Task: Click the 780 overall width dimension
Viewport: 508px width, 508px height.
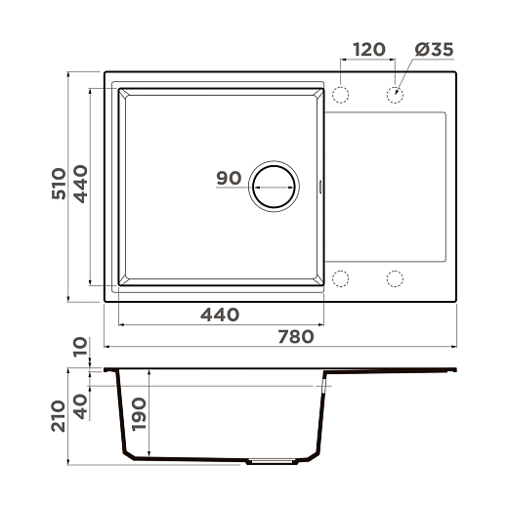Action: click(296, 337)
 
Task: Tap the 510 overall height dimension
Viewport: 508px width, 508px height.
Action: click(59, 184)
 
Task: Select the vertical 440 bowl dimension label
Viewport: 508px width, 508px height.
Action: click(80, 184)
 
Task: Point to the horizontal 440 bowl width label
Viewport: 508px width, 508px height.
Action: click(220, 315)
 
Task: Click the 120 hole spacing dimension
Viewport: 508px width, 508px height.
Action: click(369, 50)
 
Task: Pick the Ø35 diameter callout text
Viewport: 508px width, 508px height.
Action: click(434, 50)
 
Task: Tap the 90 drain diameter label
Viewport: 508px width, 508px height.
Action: click(229, 178)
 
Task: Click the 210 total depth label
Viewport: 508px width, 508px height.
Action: click(59, 416)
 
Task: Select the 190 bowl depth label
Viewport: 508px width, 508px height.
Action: click(140, 414)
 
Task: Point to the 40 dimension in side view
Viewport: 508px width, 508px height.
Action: click(81, 406)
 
